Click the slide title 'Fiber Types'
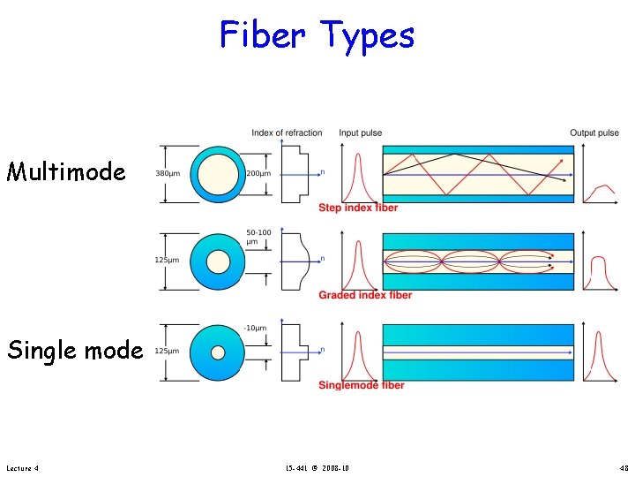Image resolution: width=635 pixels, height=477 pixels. (x=317, y=35)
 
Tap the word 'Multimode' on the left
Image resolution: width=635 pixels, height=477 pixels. (x=66, y=171)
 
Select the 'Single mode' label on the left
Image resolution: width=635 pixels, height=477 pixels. (x=75, y=351)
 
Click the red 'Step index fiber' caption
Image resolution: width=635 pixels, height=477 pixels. (x=358, y=208)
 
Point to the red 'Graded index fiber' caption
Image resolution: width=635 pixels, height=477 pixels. (x=365, y=295)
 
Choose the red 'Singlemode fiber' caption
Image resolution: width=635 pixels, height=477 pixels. (x=362, y=385)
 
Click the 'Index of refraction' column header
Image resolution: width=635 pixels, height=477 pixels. (x=287, y=133)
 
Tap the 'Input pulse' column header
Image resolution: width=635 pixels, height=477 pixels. (x=360, y=133)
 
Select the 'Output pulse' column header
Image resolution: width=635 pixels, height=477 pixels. (x=594, y=133)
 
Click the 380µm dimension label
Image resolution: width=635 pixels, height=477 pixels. (x=167, y=174)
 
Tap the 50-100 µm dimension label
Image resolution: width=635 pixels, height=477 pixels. (x=257, y=237)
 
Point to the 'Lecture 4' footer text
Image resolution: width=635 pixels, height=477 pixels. (x=22, y=466)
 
